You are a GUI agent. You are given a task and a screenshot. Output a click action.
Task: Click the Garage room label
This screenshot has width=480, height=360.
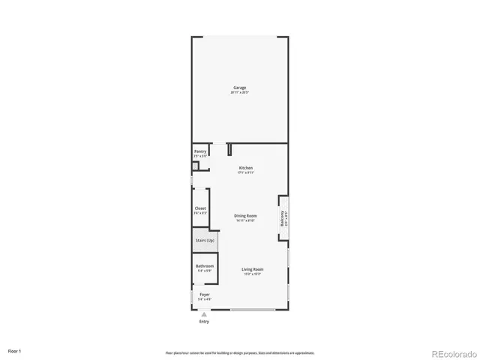(239, 88)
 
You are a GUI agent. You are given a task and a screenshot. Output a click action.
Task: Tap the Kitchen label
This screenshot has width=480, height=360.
(246, 167)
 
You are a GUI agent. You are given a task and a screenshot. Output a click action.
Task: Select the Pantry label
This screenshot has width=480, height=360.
(200, 151)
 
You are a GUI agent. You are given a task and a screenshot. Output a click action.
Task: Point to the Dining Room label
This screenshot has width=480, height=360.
(246, 216)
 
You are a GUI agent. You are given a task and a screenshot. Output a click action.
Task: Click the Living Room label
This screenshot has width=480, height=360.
(251, 269)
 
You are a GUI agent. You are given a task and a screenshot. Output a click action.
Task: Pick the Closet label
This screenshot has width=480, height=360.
(200, 208)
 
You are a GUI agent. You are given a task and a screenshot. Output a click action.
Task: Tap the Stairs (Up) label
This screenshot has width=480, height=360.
(204, 241)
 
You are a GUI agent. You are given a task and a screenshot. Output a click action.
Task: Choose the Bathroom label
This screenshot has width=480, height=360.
(205, 266)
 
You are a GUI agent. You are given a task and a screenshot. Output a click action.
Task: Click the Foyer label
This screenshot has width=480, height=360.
(204, 295)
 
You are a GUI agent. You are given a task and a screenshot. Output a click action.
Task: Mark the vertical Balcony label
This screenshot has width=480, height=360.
(283, 217)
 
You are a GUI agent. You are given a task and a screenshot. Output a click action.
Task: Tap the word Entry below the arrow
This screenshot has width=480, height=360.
(204, 322)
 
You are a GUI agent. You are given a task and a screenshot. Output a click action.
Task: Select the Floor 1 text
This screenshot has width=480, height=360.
(15, 351)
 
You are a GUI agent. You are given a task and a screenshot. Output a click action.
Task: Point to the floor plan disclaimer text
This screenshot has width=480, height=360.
(240, 352)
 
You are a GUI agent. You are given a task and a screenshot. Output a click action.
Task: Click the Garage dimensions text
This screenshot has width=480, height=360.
(239, 92)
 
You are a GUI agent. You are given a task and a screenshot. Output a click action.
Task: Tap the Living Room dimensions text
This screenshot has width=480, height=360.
(251, 274)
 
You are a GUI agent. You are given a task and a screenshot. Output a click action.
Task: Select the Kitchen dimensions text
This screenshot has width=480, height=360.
(246, 172)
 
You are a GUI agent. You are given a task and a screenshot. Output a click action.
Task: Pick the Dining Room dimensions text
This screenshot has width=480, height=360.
(246, 220)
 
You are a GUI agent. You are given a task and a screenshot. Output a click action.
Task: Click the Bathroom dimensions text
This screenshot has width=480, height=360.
(205, 271)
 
